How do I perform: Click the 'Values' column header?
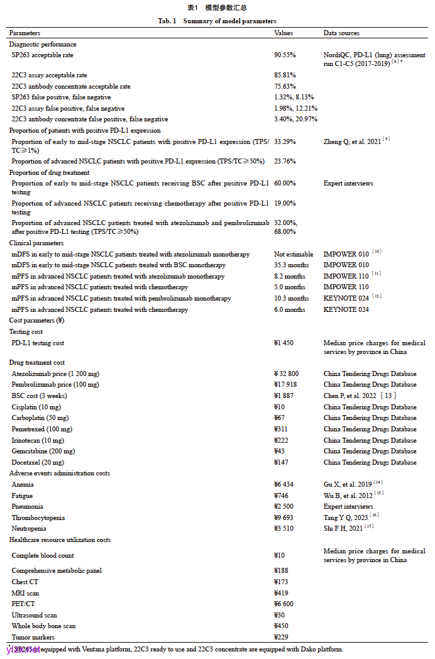[x=284, y=33]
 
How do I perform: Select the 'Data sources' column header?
[x=341, y=33]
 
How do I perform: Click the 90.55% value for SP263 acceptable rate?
[x=285, y=55]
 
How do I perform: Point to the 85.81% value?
[x=285, y=75]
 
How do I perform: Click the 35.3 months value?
[x=292, y=265]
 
